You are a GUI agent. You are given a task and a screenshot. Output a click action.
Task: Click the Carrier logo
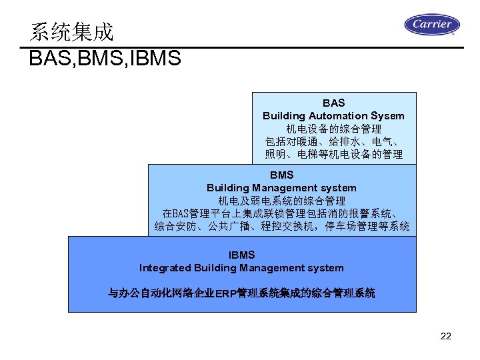point(431,25)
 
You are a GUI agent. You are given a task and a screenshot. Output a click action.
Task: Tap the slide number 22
point(446,336)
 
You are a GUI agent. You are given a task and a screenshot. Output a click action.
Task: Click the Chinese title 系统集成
point(72,32)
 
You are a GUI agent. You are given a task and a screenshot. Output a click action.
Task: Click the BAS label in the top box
point(333,103)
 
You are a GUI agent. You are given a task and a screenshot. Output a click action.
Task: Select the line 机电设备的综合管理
point(333,129)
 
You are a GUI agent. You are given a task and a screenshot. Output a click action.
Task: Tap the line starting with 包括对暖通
point(333,141)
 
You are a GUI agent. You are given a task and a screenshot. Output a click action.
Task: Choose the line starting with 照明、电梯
point(333,154)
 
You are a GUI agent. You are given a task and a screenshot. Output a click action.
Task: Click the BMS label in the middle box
point(281,175)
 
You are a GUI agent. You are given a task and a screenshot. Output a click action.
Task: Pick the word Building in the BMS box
point(227,188)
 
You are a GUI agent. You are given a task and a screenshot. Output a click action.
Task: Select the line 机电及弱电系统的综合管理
point(281,201)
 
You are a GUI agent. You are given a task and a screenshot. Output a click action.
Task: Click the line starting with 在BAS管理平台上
point(281,213)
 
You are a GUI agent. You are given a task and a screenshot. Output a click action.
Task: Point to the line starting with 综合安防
point(281,227)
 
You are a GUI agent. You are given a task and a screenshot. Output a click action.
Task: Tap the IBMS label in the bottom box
point(241,255)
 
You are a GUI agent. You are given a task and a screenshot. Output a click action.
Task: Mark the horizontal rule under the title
point(240,47)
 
